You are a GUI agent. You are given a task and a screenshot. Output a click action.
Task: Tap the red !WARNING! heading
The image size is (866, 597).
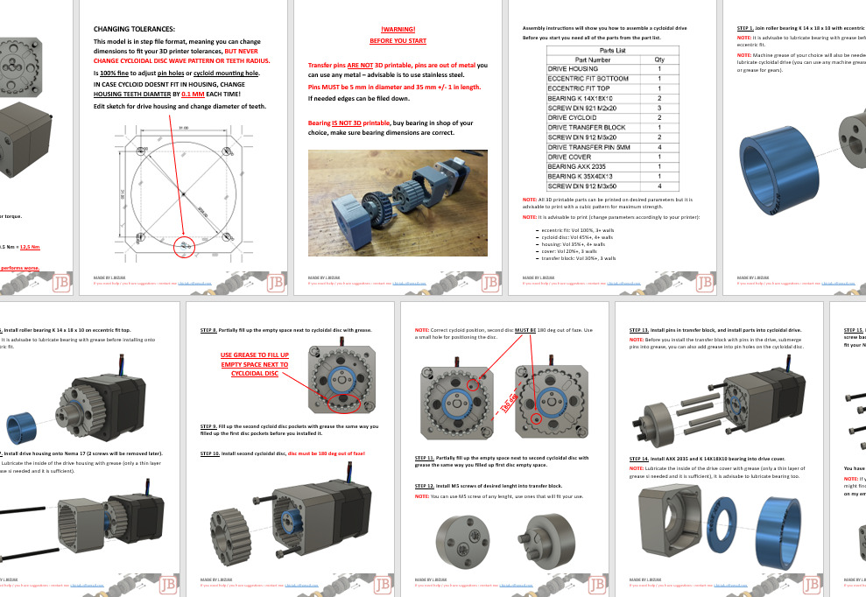tap(398, 30)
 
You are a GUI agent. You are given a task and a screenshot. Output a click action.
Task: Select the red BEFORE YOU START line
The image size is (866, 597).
tap(398, 41)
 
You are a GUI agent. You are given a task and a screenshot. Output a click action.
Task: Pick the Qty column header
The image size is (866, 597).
tap(659, 59)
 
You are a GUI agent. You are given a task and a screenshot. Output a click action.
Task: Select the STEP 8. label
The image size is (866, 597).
tap(209, 330)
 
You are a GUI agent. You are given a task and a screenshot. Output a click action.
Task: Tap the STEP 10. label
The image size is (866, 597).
tap(211, 453)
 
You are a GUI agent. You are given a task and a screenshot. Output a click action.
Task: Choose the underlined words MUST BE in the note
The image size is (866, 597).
tap(525, 331)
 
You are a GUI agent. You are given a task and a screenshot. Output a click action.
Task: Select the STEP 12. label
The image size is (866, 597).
tap(425, 485)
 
